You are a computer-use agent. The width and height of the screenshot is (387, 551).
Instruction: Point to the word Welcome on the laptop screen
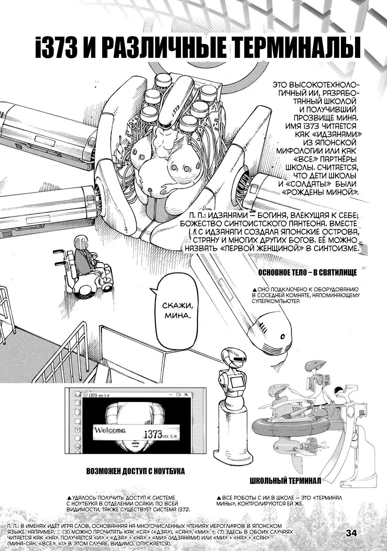110,430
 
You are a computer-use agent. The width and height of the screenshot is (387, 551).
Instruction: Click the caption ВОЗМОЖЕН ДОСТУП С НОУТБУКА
136,471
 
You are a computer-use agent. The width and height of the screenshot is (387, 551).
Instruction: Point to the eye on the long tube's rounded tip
283,336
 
